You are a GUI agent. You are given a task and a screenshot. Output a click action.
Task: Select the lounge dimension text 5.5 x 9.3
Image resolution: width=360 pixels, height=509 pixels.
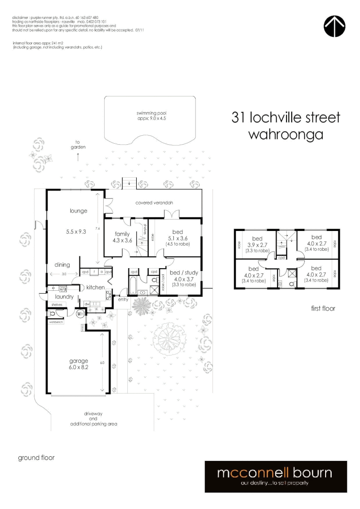coord(76,232)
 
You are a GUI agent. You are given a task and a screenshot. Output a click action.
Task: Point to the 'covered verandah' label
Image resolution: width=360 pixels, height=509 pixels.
coord(154,203)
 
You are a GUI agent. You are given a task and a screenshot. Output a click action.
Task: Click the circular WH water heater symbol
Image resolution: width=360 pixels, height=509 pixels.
coord(81,312)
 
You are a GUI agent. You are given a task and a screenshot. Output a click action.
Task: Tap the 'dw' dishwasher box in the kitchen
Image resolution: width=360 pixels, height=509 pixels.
coord(87,304)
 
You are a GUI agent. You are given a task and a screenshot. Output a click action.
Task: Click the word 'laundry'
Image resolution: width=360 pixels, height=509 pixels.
coord(64,297)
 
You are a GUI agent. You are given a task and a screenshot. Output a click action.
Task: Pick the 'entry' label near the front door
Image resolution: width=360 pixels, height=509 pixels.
coord(123,300)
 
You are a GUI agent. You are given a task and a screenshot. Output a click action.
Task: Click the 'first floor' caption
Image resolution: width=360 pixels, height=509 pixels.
coord(322,309)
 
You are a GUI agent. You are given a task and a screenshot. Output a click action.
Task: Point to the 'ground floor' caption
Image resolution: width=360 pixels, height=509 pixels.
coord(36,458)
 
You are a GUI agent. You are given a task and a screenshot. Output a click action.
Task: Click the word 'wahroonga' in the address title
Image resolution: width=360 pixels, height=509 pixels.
coord(286,134)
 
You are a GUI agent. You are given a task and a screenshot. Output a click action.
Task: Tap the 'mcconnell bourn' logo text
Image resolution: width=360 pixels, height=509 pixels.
coord(274,473)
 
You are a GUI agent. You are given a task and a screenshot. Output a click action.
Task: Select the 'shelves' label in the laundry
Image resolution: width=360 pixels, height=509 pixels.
coord(57,305)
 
